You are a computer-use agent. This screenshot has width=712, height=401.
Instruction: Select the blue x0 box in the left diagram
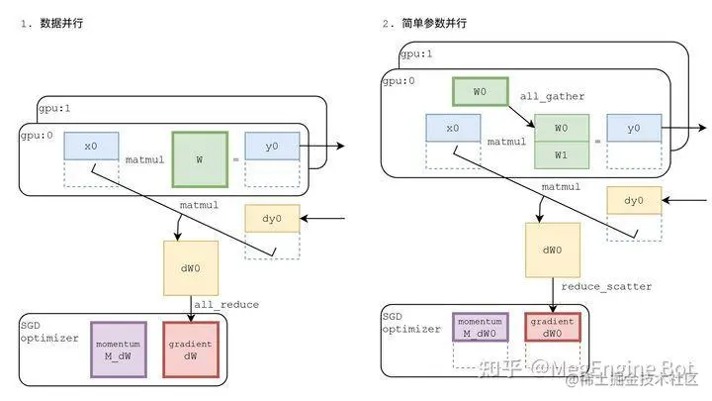[x=91, y=146]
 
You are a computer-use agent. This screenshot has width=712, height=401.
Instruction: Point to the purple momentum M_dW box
[x=118, y=349]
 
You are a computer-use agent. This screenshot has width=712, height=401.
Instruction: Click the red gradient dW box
[x=191, y=349]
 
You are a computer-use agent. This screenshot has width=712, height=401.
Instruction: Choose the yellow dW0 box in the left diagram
[x=191, y=267]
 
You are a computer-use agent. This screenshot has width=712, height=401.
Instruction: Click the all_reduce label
[x=226, y=305]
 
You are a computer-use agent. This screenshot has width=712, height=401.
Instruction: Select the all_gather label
[x=552, y=96]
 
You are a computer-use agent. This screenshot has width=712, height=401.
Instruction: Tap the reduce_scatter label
[x=606, y=286]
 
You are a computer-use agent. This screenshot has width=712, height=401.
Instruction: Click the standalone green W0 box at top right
[x=480, y=92]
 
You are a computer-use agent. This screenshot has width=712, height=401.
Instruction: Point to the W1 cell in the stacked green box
[x=561, y=154]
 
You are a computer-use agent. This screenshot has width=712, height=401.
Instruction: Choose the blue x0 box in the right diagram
[x=453, y=129]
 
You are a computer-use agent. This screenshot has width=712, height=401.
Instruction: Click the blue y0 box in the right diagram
[x=635, y=129]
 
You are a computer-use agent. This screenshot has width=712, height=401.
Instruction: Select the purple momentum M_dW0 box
[x=480, y=327]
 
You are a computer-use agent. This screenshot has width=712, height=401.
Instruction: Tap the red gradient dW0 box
[x=552, y=327]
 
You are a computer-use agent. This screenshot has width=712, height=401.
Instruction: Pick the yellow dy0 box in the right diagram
[x=634, y=201]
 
